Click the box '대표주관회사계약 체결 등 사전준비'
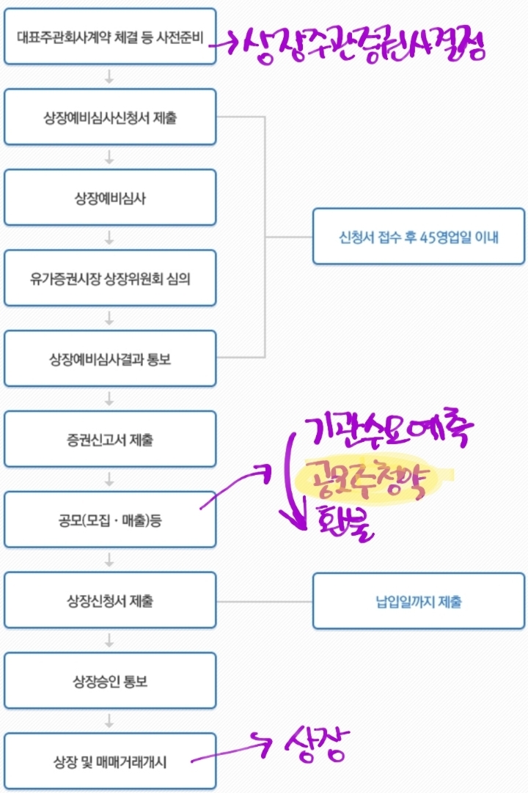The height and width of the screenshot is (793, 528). click(110, 36)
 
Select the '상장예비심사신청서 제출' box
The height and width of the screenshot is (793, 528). click(110, 117)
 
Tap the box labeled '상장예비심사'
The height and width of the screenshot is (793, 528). click(110, 197)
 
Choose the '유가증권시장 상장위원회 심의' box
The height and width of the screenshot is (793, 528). click(110, 278)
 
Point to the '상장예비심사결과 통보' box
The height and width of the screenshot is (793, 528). click(110, 358)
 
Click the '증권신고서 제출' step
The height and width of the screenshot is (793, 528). click(110, 439)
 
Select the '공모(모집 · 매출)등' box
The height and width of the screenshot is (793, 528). click(110, 520)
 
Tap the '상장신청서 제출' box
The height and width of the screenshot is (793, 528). click(110, 601)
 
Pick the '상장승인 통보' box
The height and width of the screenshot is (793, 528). click(110, 682)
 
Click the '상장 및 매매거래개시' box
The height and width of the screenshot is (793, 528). click(110, 761)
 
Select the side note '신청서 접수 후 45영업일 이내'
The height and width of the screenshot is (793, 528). click(419, 237)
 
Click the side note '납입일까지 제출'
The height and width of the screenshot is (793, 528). click(419, 602)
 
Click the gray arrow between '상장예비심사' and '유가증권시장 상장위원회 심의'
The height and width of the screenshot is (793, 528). click(110, 237)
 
